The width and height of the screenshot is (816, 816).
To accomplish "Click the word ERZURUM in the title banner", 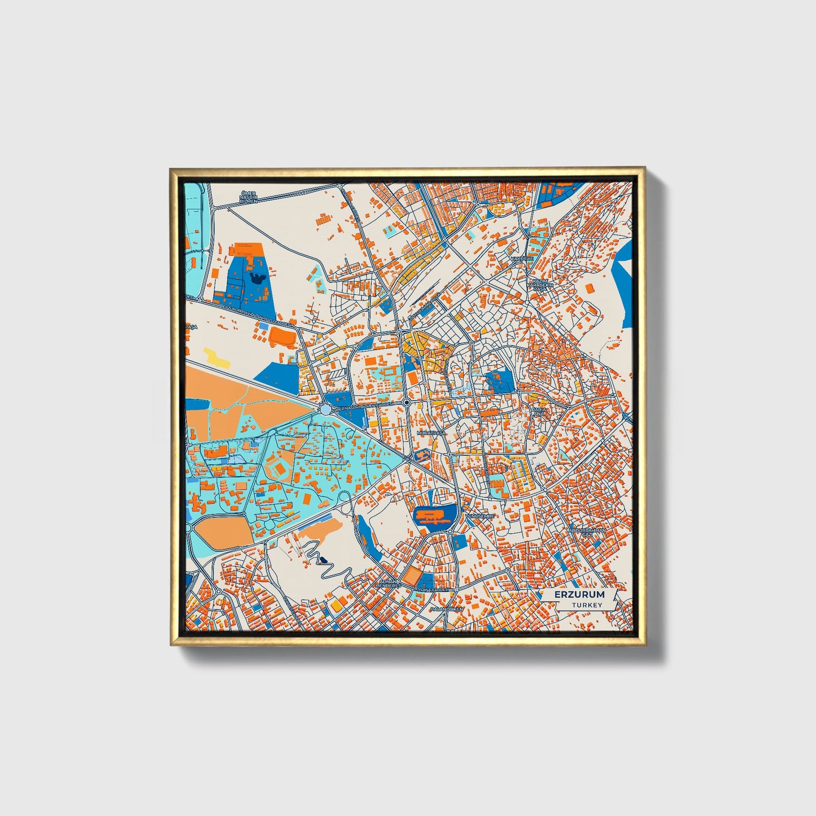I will (579, 595).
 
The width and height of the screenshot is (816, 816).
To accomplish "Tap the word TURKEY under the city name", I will (587, 605).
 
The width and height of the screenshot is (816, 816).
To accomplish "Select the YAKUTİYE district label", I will (522, 258).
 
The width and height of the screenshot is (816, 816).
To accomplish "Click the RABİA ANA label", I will (539, 412).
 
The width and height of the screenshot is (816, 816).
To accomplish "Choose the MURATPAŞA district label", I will (431, 433).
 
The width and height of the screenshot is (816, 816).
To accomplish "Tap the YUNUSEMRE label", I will (479, 516).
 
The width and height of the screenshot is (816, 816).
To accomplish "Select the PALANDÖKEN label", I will (446, 609).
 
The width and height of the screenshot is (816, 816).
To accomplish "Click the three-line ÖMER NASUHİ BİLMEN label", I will (248, 197).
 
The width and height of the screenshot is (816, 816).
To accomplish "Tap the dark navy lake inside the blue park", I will (259, 277).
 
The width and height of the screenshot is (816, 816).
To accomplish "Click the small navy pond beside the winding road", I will (323, 560).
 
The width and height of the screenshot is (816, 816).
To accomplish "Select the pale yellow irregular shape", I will (216, 357).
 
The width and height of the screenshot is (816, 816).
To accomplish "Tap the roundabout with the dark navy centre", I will (407, 402).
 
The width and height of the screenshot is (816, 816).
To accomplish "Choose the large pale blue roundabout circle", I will (326, 408).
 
